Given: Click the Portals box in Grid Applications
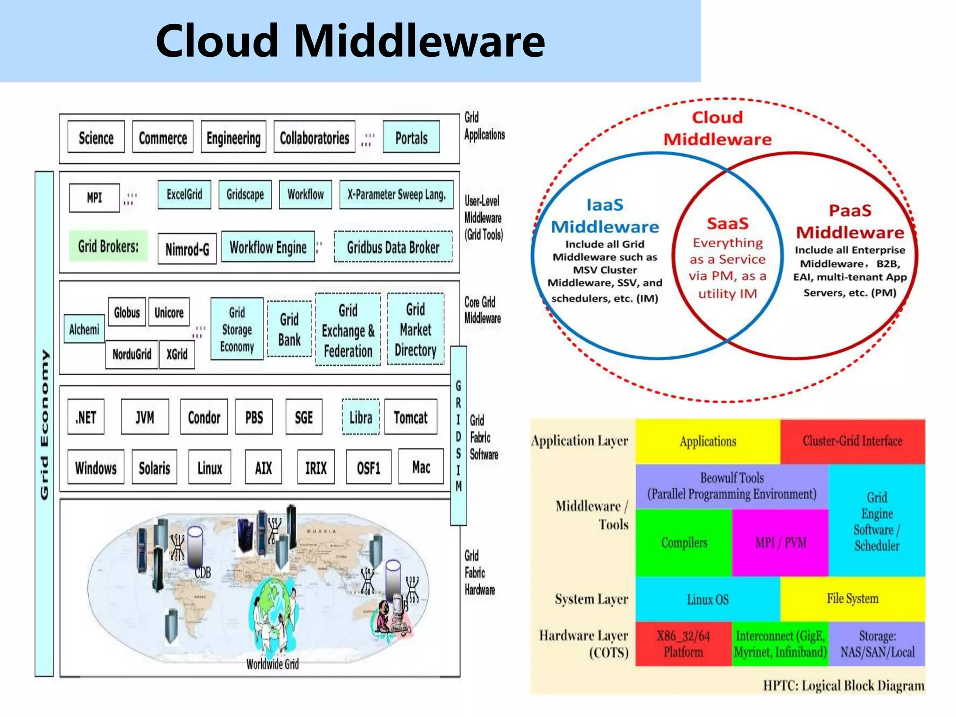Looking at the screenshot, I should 411,137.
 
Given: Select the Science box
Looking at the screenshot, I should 96,137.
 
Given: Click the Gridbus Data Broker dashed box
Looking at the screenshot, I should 393,247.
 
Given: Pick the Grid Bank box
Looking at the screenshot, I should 289,330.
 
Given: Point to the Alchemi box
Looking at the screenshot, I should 84,330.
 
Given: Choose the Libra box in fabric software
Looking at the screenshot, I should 361,417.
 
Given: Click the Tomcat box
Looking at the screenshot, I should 411,417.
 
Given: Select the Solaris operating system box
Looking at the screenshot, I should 155,468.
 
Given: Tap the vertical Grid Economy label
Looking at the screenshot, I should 44,424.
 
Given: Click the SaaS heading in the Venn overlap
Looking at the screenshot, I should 727,224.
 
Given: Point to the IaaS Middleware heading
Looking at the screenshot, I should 605,216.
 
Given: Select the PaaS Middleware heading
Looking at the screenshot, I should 850,222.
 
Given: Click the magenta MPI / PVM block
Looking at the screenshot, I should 780,542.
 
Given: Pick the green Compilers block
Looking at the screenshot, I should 684,542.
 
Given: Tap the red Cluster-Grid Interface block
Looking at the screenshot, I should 852,441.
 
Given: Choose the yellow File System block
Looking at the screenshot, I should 852,598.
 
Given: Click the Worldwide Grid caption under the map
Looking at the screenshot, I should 273,664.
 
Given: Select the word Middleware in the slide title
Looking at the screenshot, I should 419,41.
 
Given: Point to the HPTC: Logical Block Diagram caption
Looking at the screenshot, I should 844,685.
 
